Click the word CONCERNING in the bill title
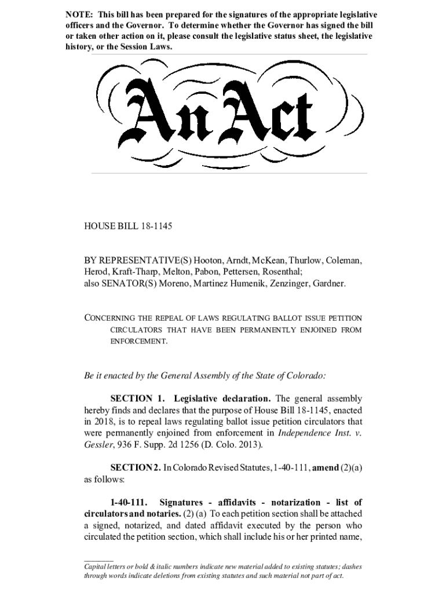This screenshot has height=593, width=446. [112, 318]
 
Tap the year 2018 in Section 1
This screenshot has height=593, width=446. [105, 422]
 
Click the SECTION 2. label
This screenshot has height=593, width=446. [137, 467]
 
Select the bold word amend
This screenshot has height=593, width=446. [327, 467]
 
